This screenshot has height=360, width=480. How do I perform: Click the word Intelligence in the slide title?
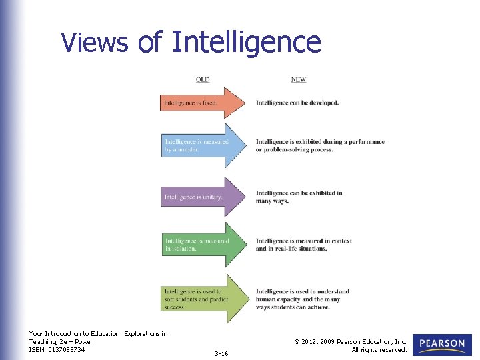point(246,42)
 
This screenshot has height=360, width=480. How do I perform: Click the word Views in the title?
point(95,42)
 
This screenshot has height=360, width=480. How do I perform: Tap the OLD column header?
point(203,79)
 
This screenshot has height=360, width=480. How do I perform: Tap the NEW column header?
point(299,79)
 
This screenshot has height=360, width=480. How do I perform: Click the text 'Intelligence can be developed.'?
point(297,103)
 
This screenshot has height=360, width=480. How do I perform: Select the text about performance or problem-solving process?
point(320,145)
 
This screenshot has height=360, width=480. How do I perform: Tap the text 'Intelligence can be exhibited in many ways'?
point(299,197)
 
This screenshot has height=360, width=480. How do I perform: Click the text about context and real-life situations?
point(303,245)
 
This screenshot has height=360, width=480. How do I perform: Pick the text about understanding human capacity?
point(303,299)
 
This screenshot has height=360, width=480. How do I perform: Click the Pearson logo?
point(443,344)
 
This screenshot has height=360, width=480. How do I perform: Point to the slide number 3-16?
point(221,353)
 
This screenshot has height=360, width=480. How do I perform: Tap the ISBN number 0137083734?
point(69,349)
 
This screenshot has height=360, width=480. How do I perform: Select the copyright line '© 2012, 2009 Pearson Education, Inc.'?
point(350,341)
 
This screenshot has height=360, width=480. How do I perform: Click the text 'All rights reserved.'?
point(379,349)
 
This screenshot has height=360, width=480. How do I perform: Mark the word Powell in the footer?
point(89,341)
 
